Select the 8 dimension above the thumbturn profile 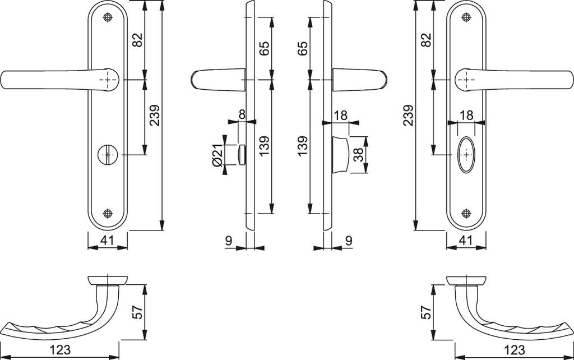242,114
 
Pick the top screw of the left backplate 108,18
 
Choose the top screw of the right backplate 466,18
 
